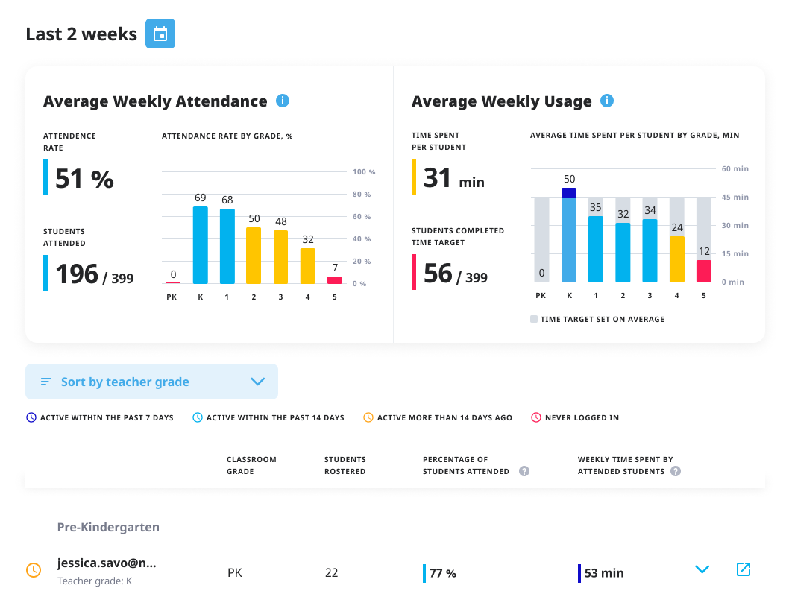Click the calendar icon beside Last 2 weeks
click(x=160, y=34)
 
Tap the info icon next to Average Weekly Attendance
click(x=283, y=101)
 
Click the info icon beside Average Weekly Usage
click(x=607, y=101)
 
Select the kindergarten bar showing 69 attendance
click(x=200, y=245)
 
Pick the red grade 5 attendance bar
click(x=335, y=280)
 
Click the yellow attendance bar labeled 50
click(x=254, y=256)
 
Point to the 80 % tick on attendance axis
click(x=364, y=195)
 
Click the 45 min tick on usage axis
click(x=735, y=198)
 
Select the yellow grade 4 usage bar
click(x=677, y=259)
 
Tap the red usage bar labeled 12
click(x=704, y=271)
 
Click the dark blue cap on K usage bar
click(x=569, y=192)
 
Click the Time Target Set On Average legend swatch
click(x=534, y=319)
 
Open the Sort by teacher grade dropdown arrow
click(x=258, y=382)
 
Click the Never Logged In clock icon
click(x=535, y=417)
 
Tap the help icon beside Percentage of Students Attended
click(x=524, y=471)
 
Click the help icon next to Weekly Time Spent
click(x=676, y=471)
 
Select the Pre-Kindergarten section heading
click(x=108, y=527)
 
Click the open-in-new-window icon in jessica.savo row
click(x=743, y=569)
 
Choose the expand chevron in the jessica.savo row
click(x=702, y=569)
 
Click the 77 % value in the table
click(x=443, y=573)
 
